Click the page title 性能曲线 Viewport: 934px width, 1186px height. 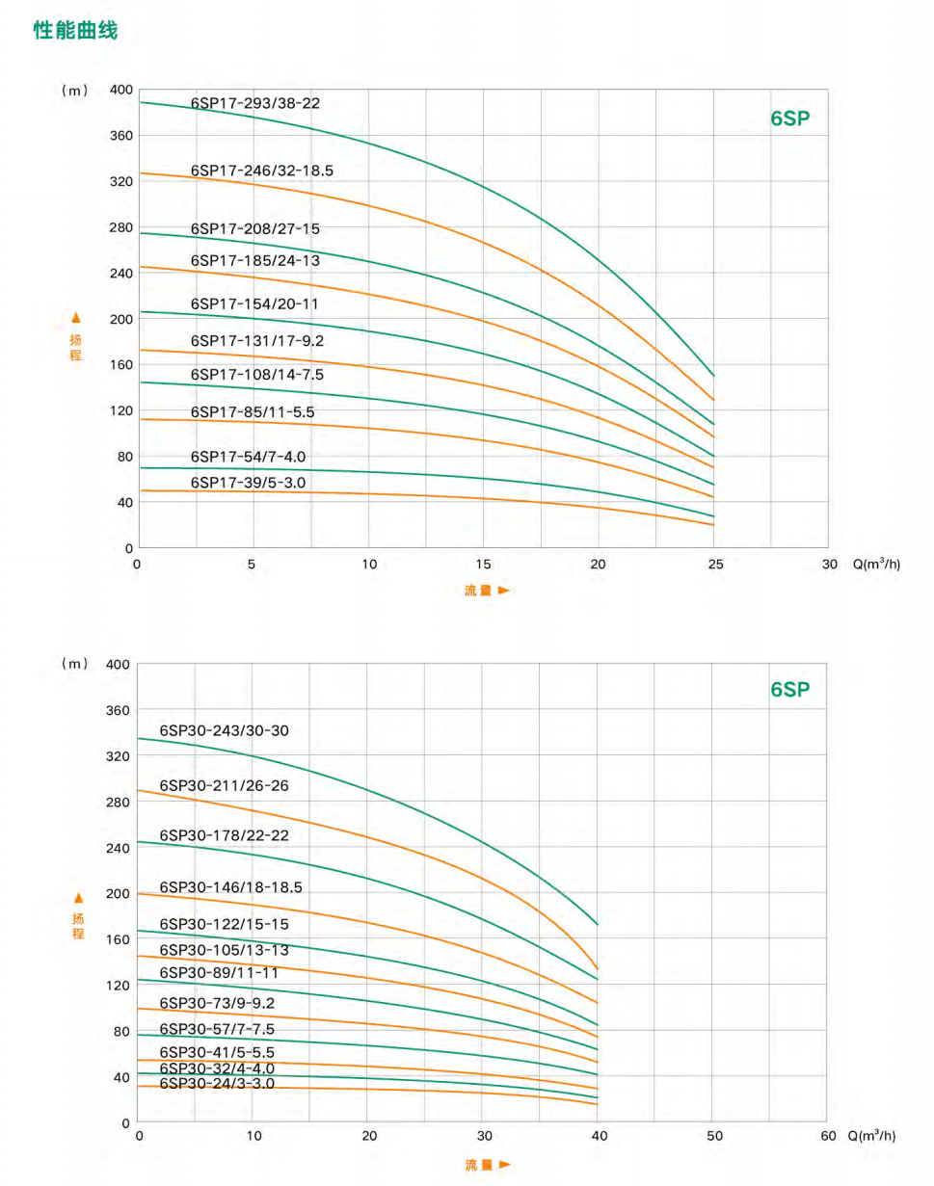(75, 31)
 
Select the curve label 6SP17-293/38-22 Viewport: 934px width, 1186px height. (254, 102)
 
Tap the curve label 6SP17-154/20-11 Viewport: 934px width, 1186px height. (254, 303)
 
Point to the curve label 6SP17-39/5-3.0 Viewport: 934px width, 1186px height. (250, 482)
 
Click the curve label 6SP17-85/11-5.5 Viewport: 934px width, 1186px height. (253, 411)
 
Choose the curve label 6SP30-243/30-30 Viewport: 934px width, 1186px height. (224, 730)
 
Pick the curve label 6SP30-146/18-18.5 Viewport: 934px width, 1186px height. (230, 886)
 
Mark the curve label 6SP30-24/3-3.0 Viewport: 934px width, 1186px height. (217, 1083)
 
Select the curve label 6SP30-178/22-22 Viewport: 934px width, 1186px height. (224, 834)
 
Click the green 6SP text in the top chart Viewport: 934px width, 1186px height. (790, 119)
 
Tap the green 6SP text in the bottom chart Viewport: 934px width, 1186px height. (790, 690)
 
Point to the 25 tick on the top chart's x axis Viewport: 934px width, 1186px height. (714, 565)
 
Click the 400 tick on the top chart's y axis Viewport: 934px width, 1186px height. (120, 90)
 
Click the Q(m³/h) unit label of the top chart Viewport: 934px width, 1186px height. (876, 565)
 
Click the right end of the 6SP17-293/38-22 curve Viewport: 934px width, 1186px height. (714, 376)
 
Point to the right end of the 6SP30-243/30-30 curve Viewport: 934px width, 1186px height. (598, 925)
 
